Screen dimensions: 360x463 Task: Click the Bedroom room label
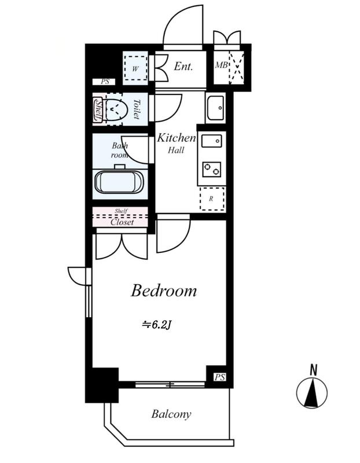click(x=164, y=291)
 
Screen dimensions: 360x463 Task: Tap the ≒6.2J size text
click(x=157, y=325)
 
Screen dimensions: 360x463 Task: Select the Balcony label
click(x=171, y=414)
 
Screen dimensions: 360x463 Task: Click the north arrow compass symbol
click(x=312, y=389)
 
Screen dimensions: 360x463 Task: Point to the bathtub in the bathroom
click(x=120, y=182)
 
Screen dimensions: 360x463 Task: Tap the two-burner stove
click(x=212, y=170)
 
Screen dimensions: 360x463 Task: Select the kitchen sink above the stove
click(x=211, y=141)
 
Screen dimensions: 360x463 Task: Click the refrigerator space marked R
click(x=212, y=199)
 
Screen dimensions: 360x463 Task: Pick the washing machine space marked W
click(x=135, y=68)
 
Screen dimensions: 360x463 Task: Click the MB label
click(x=221, y=65)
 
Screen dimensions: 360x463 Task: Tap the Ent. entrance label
click(x=183, y=66)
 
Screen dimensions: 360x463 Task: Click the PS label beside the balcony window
click(x=220, y=377)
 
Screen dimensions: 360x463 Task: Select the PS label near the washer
click(x=105, y=82)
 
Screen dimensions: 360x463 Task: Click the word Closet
click(x=122, y=222)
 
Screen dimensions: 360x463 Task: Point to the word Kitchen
click(x=177, y=138)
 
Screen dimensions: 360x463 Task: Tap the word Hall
click(x=176, y=150)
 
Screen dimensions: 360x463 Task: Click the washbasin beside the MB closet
click(x=215, y=108)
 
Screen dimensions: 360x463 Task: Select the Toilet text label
click(x=136, y=109)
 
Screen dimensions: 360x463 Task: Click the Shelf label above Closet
click(x=121, y=211)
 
